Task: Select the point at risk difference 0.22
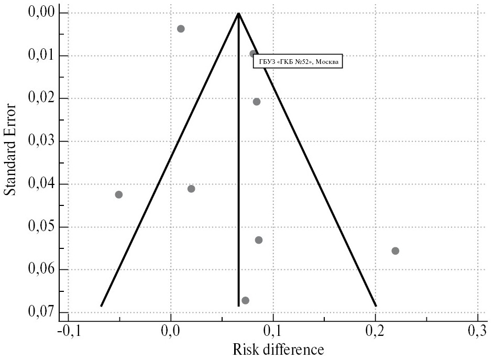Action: coord(395,250)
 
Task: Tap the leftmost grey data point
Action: coord(119,194)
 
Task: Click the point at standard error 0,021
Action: coord(257,102)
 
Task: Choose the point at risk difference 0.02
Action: coord(191,189)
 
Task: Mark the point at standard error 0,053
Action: coord(259,240)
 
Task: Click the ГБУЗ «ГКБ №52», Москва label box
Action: coord(298,62)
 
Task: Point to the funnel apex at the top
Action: coord(238,13)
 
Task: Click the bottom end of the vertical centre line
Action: coord(238,306)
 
